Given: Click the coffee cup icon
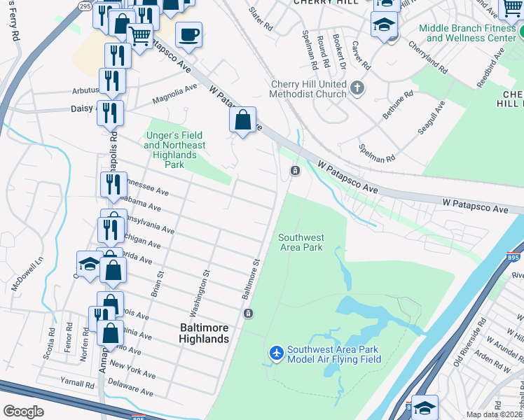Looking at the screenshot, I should coord(188,34).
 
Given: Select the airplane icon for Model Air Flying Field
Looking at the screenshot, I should coord(276,353).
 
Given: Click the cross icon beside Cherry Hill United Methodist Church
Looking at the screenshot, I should coord(358,88).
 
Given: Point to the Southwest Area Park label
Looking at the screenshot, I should coord(300,242).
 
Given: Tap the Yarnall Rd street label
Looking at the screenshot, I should coord(77,384).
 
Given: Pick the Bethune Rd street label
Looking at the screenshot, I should coord(398,103).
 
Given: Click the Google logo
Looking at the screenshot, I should coord(23,412).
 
